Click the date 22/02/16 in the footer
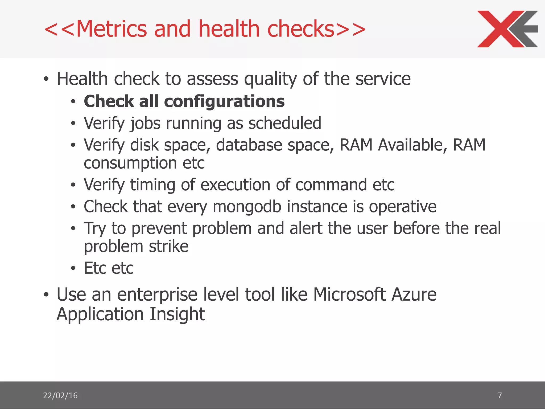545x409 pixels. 60,395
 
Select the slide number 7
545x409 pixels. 499,395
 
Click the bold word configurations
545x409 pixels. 224,101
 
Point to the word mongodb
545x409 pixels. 247,207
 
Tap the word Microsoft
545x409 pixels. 349,295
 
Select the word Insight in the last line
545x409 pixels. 177,314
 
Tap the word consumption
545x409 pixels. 130,163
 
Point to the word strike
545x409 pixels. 168,246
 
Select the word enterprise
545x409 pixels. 157,295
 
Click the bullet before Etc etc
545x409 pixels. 73,268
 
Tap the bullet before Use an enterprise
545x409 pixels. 46,295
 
